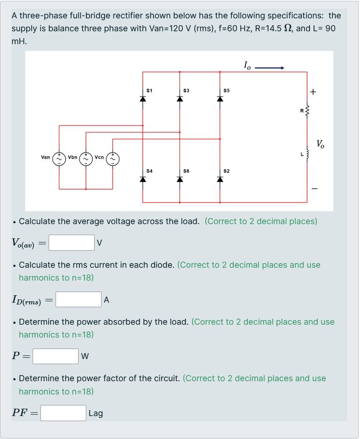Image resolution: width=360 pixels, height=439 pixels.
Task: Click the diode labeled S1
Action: point(143,99)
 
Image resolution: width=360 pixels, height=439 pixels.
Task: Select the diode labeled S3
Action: point(180,99)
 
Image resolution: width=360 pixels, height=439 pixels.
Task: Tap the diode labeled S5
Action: point(220,99)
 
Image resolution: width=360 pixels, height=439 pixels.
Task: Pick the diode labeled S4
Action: point(143,179)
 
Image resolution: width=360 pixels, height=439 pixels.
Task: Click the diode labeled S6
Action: point(180,179)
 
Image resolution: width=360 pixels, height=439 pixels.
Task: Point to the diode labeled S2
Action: point(220,179)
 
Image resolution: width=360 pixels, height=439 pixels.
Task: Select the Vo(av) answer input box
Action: point(71,243)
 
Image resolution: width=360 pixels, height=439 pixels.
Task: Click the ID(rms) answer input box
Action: point(79,300)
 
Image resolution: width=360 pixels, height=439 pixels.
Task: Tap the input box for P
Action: point(56,356)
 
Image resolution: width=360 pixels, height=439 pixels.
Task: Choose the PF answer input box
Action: point(63,413)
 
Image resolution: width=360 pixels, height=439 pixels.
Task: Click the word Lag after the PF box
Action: point(96,413)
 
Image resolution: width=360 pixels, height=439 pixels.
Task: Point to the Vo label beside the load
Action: point(320,144)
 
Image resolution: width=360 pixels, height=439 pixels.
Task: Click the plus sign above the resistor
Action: point(313,92)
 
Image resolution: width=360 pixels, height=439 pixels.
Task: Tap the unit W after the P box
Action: point(85,356)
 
